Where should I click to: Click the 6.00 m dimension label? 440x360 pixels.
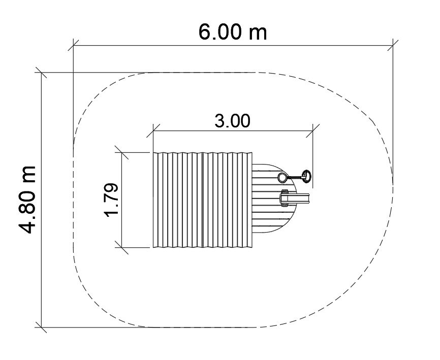[x=233, y=32]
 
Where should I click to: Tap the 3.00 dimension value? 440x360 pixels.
[x=232, y=121]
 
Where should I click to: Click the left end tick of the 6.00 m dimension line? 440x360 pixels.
[x=73, y=45]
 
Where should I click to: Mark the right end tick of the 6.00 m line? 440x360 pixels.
[x=393, y=45]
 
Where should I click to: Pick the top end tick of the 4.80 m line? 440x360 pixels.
[x=41, y=73]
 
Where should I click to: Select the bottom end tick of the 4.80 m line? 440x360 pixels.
[x=41, y=327]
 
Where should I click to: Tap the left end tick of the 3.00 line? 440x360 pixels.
[x=153, y=130]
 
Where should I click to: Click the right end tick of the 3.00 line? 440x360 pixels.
[x=312, y=130]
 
